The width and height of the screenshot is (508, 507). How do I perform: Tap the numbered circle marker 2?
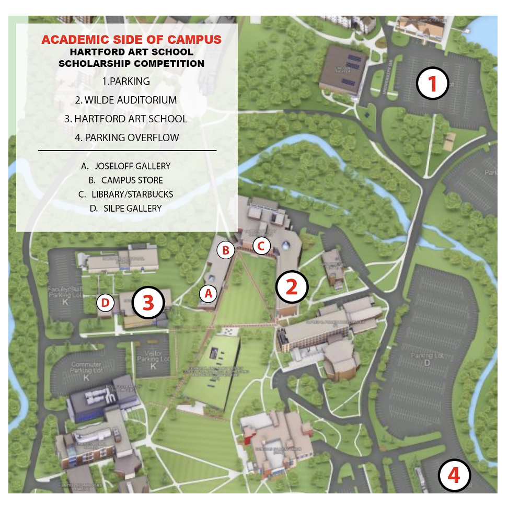click(x=292, y=286)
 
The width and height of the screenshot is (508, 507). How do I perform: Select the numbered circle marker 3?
click(x=148, y=302)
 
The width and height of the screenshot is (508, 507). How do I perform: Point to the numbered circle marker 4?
click(x=454, y=475)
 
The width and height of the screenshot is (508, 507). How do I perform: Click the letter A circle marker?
click(x=208, y=294)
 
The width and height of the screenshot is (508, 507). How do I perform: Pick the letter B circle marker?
click(x=226, y=250)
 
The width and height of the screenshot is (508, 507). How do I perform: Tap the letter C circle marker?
click(x=261, y=245)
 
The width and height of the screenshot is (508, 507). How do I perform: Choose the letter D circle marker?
click(x=106, y=303)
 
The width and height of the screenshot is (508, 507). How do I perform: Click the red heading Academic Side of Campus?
click(x=131, y=40)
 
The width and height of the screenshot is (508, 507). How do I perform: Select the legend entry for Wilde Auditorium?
click(x=126, y=100)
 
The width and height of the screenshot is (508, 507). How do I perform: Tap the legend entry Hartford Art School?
click(x=126, y=119)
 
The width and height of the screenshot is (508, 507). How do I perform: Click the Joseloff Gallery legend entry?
click(x=126, y=166)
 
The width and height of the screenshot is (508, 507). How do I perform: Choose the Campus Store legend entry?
click(x=126, y=180)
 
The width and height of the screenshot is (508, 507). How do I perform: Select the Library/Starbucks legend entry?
click(x=126, y=194)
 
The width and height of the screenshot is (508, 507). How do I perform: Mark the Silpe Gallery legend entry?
click(x=126, y=208)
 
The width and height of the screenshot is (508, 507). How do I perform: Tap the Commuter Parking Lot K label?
click(x=86, y=370)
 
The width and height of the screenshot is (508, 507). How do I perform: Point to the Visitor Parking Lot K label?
click(x=153, y=359)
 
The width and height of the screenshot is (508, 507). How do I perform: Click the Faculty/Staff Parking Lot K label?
click(x=65, y=295)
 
